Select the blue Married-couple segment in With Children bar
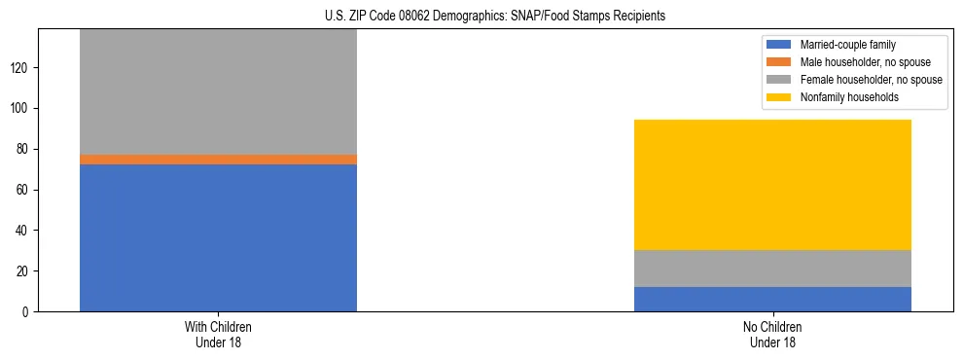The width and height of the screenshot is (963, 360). coord(218,237)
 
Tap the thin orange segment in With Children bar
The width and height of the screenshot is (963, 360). coord(218,160)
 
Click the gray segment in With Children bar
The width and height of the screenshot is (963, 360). coord(218,91)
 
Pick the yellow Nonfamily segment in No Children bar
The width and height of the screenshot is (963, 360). coord(772,185)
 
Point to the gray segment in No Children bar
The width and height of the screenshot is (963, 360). coord(772,269)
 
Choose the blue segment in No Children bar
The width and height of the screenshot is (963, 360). coord(772,299)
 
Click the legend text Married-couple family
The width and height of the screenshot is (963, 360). coord(848,45)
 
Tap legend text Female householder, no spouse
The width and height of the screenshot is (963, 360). coord(871,80)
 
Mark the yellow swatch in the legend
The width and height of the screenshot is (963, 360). coord(779,97)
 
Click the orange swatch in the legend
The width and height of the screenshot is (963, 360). coord(779,62)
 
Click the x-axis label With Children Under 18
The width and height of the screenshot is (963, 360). coord(218,335)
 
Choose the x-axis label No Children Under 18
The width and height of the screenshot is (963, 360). coord(772,335)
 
